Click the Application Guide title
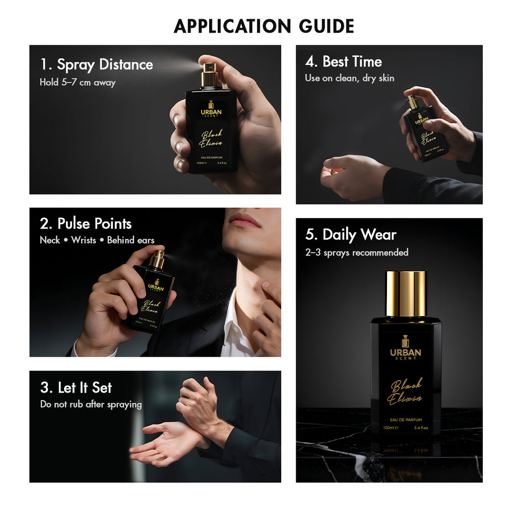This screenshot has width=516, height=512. click(x=264, y=26)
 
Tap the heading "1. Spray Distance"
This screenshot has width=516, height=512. click(x=96, y=65)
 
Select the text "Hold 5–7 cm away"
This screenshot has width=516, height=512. click(x=78, y=82)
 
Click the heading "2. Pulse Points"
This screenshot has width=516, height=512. click(x=86, y=224)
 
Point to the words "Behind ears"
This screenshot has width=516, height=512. click(x=131, y=240)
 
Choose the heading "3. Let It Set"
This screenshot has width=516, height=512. click(x=76, y=388)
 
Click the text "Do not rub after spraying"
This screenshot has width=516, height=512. click(x=91, y=404)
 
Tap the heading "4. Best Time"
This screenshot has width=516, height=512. click(x=343, y=61)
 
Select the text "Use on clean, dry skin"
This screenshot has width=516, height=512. click(x=349, y=78)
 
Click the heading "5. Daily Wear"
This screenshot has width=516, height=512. click(x=351, y=235)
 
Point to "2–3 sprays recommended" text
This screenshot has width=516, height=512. click(x=356, y=252)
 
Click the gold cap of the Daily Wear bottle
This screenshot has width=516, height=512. click(x=406, y=294)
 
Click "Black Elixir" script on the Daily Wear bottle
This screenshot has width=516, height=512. click(x=406, y=392)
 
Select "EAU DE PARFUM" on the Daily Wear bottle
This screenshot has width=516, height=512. click(x=406, y=419)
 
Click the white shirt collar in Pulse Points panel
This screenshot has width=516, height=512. click(x=233, y=328)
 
